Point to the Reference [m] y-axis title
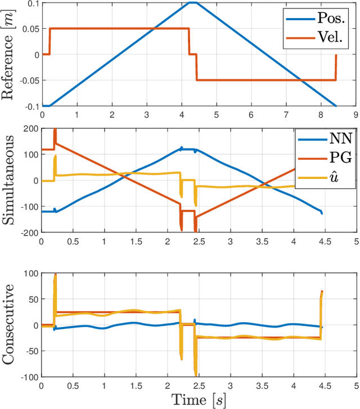tap(10, 55)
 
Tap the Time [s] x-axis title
tap(199, 400)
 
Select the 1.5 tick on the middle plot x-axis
tap(136, 241)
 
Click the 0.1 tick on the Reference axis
tap(30, 3)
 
